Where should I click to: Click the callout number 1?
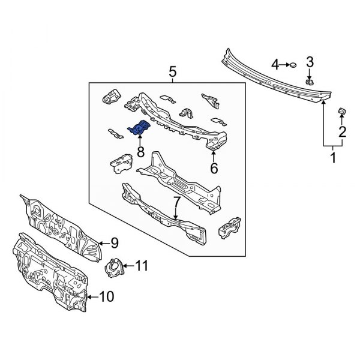tap(334, 158)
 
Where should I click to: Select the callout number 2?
tap(342, 132)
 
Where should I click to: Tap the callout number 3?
tap(310, 61)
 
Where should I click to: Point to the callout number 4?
tap(275, 64)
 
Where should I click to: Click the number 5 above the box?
tap(172, 73)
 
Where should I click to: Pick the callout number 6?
tap(213, 168)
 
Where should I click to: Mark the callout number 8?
tap(140, 152)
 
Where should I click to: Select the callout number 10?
tap(106, 296)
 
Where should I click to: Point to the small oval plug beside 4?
tap(293, 65)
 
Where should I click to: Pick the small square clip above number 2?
tap(343, 110)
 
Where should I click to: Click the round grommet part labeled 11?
tap(115, 267)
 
